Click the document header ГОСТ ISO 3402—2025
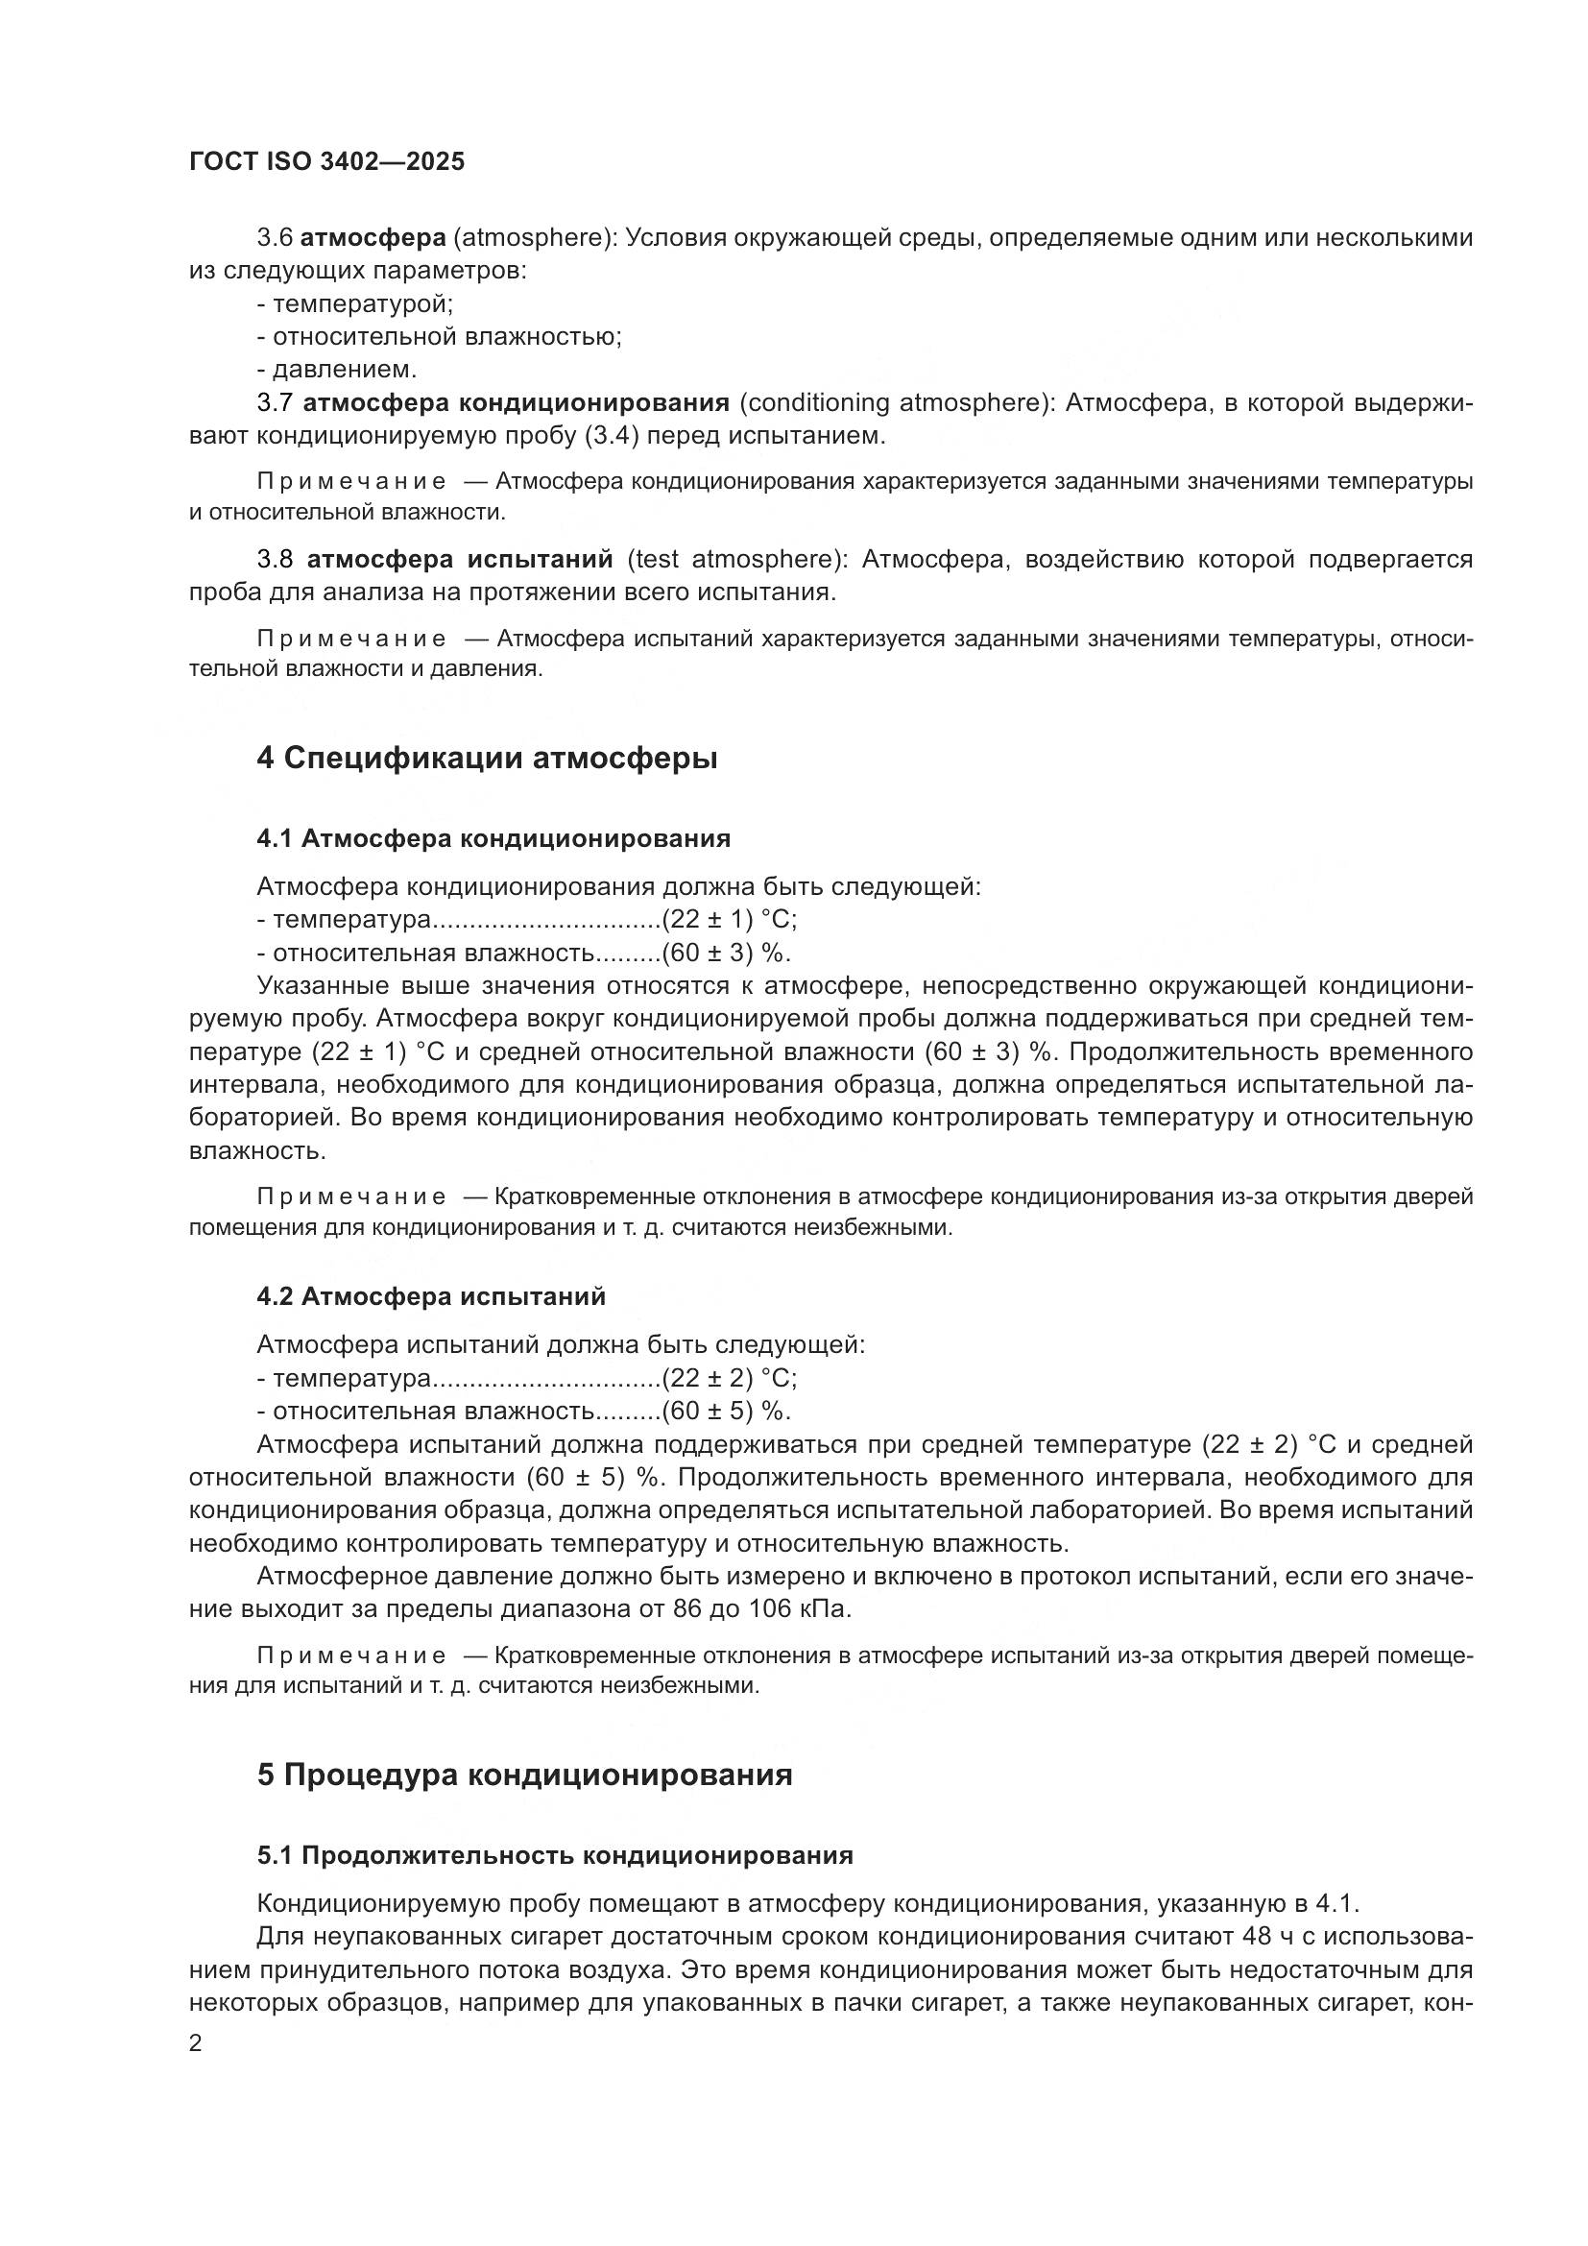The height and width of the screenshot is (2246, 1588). pos(326,162)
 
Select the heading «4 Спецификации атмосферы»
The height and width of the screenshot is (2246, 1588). pos(486,759)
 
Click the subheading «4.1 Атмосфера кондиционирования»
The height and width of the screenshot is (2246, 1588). pos(493,838)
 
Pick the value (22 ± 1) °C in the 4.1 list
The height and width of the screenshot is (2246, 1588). pos(730,921)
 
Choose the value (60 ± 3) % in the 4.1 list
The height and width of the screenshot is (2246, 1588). pos(726,954)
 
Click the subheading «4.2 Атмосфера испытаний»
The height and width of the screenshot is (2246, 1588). pos(430,1296)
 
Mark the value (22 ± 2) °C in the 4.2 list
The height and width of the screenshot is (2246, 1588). pos(730,1378)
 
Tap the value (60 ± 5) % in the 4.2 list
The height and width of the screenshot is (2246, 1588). pos(726,1412)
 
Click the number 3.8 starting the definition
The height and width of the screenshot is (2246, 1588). pos(275,560)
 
